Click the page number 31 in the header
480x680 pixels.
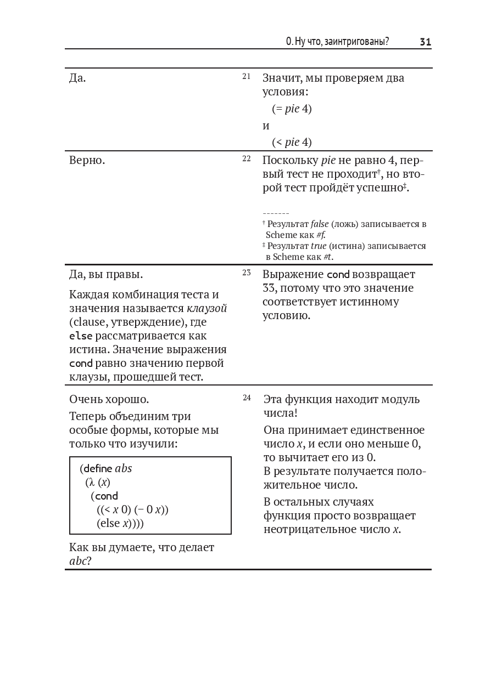click(x=425, y=42)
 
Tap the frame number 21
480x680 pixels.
click(x=246, y=76)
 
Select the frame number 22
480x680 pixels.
click(x=246, y=158)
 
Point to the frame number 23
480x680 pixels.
click(x=246, y=273)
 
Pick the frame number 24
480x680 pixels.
click(x=247, y=398)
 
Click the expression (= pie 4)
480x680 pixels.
click(x=292, y=109)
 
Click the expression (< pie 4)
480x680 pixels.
click(x=292, y=142)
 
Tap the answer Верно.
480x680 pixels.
click(x=87, y=161)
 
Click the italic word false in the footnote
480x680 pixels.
click(x=319, y=224)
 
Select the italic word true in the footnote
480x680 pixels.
click(x=319, y=246)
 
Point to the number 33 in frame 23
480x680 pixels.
click(x=269, y=288)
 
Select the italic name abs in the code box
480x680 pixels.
click(x=124, y=468)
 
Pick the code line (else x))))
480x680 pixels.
click(x=120, y=523)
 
